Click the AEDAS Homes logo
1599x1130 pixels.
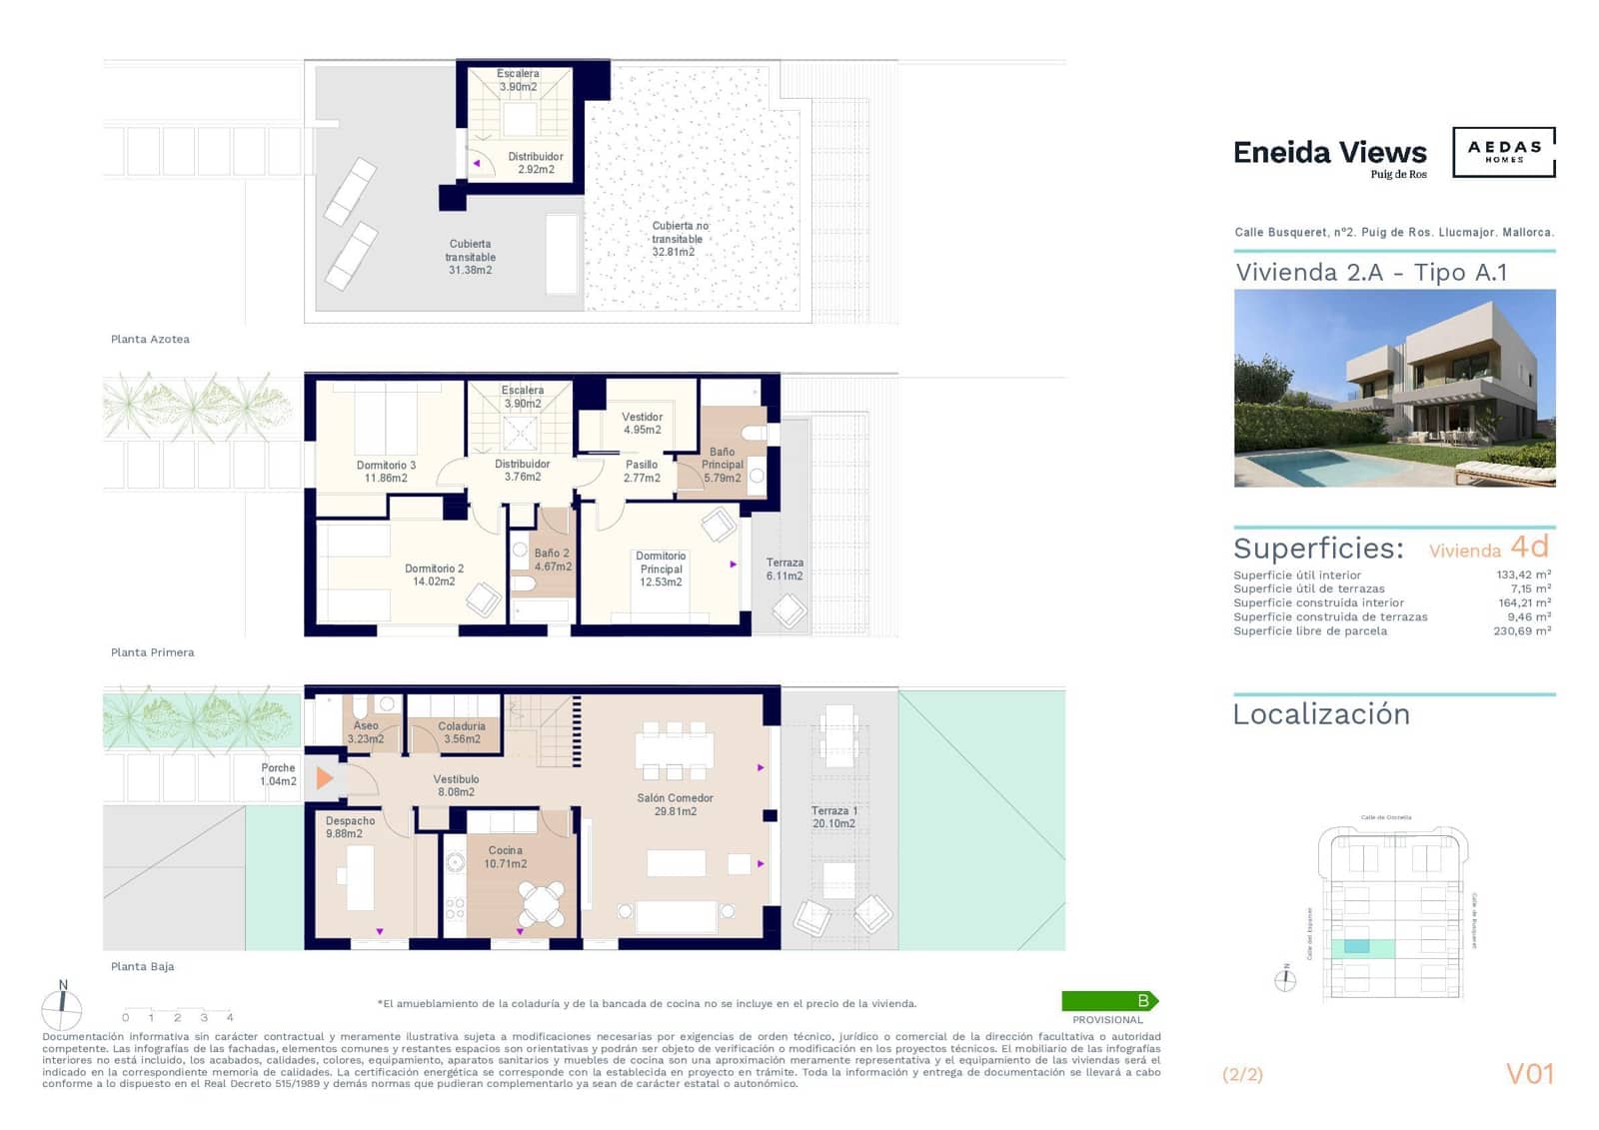point(1503,152)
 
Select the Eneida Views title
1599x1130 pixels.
point(1329,153)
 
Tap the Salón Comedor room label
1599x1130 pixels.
point(675,804)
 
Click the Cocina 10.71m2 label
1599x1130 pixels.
point(505,857)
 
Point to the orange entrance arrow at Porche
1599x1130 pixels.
point(324,777)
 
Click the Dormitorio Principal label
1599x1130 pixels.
point(661,568)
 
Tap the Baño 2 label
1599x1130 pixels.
point(552,560)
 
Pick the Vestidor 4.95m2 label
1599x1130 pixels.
point(642,423)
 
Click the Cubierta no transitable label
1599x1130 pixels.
point(679,239)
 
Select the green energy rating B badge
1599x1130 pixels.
point(1108,1000)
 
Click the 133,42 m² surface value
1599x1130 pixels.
point(1523,574)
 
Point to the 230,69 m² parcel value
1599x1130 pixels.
point(1522,630)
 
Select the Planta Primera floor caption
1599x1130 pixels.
point(152,652)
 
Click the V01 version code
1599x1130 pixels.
point(1529,1074)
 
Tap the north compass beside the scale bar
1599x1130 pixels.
point(62,1008)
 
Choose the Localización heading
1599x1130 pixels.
point(1321,714)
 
